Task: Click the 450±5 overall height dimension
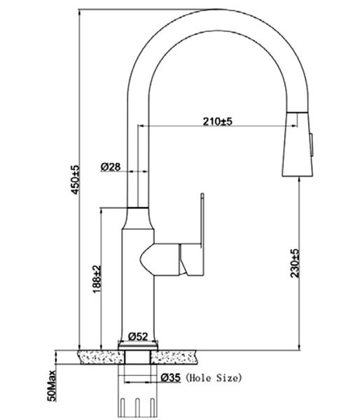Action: tap(76, 180)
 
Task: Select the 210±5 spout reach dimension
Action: tap(217, 121)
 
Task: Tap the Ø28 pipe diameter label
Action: tap(111, 167)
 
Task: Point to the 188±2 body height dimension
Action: tap(97, 279)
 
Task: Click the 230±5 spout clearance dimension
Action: tap(294, 263)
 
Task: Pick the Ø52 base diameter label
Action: tap(138, 336)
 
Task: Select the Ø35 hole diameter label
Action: tap(171, 378)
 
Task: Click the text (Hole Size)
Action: tap(214, 378)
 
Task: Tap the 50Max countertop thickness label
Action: tap(52, 386)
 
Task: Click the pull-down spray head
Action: tap(297, 143)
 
